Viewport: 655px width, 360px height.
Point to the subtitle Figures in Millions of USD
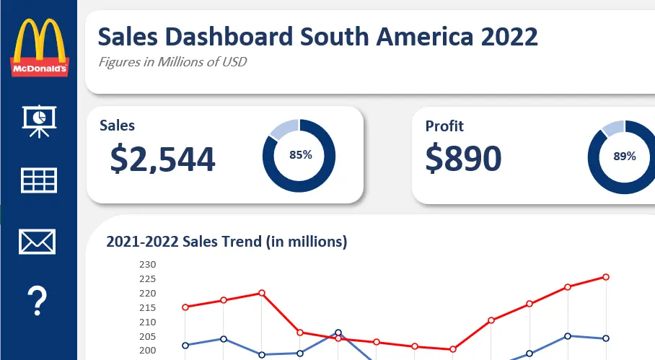click(172, 61)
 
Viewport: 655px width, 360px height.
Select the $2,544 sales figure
click(162, 159)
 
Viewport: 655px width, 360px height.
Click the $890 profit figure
click(463, 159)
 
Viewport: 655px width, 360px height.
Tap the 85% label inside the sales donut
click(300, 154)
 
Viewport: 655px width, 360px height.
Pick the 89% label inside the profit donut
click(624, 156)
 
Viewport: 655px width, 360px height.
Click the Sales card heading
click(117, 126)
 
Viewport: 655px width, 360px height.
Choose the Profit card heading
click(444, 126)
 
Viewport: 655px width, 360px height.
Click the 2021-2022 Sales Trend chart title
click(227, 242)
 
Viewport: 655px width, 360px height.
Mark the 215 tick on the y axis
click(147, 307)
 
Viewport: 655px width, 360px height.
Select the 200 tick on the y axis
click(147, 351)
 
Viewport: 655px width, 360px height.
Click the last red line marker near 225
click(606, 277)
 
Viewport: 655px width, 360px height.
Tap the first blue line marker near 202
click(185, 345)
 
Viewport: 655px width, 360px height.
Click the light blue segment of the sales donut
click(282, 128)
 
